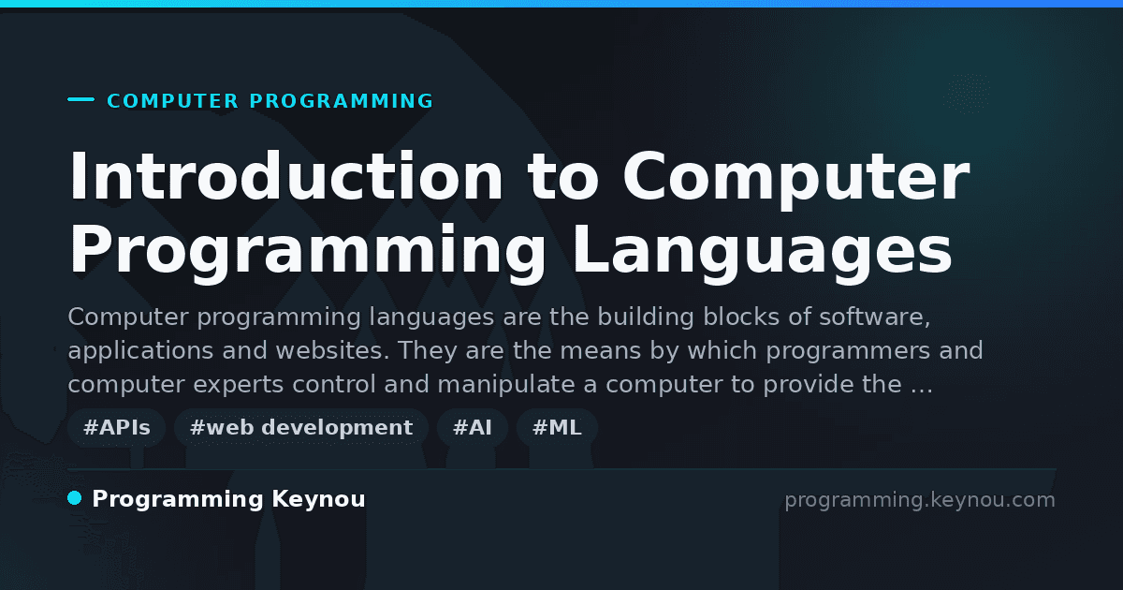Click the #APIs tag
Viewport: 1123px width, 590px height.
click(116, 427)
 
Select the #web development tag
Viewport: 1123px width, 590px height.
click(300, 427)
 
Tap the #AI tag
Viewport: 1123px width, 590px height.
click(473, 427)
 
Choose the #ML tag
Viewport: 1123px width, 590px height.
click(557, 427)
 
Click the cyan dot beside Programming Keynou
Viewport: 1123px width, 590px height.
click(75, 498)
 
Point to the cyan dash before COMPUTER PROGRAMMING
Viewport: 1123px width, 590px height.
click(80, 99)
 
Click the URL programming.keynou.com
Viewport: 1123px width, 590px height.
click(920, 500)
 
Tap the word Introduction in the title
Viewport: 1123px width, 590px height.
click(285, 177)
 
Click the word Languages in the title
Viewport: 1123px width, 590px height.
click(762, 251)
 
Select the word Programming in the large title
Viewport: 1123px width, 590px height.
click(307, 251)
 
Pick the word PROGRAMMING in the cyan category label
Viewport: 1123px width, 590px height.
click(342, 101)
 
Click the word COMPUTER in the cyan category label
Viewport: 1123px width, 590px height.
click(173, 101)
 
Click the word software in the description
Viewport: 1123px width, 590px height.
click(875, 317)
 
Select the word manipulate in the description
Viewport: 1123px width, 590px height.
click(506, 385)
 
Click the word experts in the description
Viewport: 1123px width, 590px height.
click(238, 385)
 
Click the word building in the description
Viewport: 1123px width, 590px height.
click(646, 317)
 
